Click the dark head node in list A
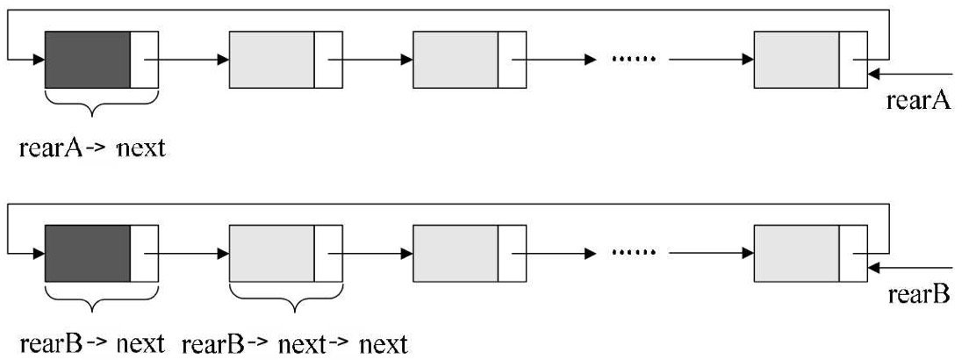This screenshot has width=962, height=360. click(x=88, y=60)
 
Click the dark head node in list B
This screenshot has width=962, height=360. click(x=88, y=252)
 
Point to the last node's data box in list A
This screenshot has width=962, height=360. click(x=796, y=60)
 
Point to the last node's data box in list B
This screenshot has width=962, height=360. click(x=796, y=252)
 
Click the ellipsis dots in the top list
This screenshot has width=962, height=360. click(x=633, y=60)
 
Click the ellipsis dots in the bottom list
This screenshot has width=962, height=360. click(x=633, y=252)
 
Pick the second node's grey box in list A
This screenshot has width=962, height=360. click(x=271, y=60)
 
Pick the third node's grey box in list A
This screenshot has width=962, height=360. click(x=455, y=60)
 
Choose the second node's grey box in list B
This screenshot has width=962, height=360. click(x=271, y=252)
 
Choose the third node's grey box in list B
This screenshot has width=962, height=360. click(x=455, y=252)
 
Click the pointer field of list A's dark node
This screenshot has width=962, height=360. click(x=145, y=60)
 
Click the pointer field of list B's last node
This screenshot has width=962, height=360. click(x=853, y=252)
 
